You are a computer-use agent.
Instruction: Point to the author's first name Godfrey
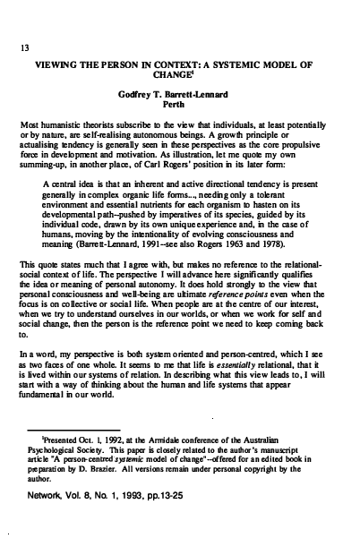click(133, 94)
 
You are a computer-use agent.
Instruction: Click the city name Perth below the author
click(179, 104)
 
